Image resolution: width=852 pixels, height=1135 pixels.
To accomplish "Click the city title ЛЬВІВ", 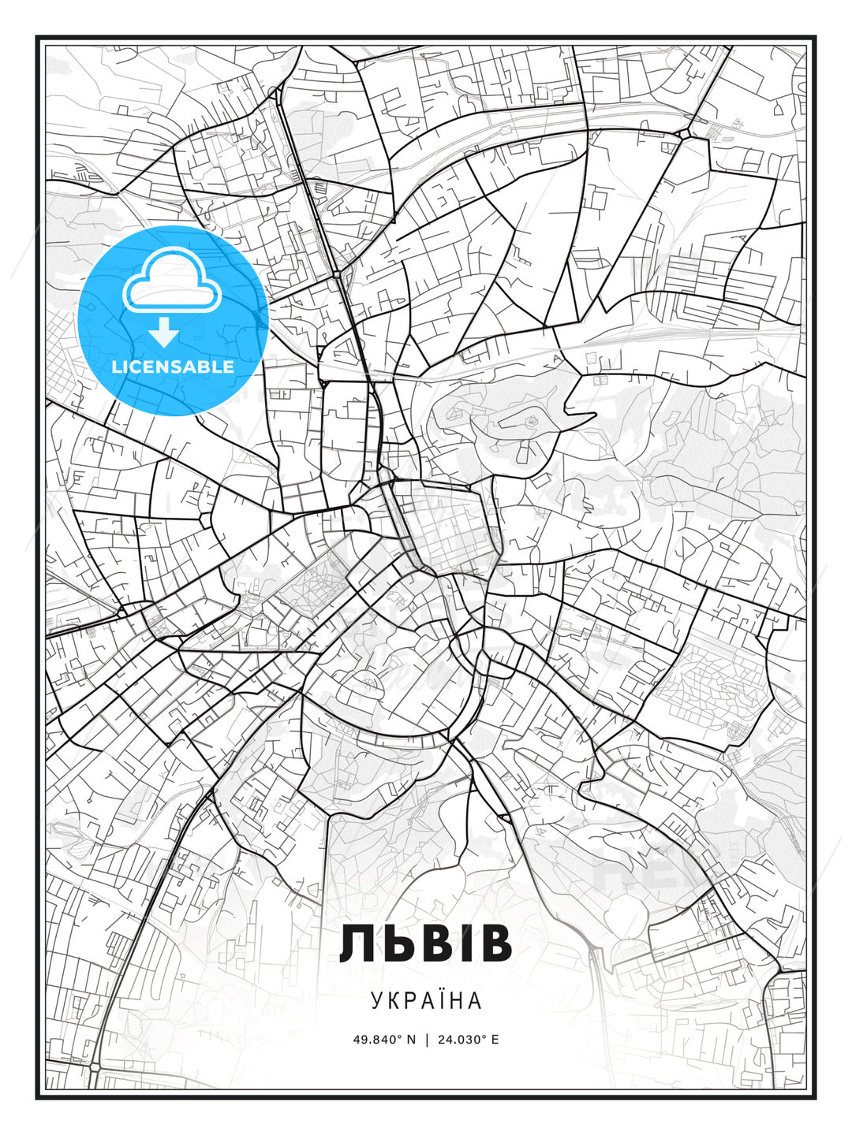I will (x=426, y=944).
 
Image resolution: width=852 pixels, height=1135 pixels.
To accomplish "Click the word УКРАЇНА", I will (x=426, y=1001).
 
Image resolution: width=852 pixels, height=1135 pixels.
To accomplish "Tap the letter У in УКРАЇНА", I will (x=375, y=1001).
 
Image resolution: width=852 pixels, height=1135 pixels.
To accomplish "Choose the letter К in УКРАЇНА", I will (x=392, y=1001).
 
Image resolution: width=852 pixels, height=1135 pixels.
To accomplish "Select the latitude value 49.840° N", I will (x=384, y=1040).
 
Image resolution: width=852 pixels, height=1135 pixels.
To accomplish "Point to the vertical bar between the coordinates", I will (x=427, y=1040).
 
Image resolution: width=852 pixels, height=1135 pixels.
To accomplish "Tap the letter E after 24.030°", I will (x=495, y=1040).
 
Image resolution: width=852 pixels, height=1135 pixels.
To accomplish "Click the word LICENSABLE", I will (x=173, y=367).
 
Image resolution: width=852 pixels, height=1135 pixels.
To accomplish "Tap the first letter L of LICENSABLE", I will (x=116, y=367).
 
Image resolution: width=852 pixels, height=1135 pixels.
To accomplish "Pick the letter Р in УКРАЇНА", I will (x=408, y=1001).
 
